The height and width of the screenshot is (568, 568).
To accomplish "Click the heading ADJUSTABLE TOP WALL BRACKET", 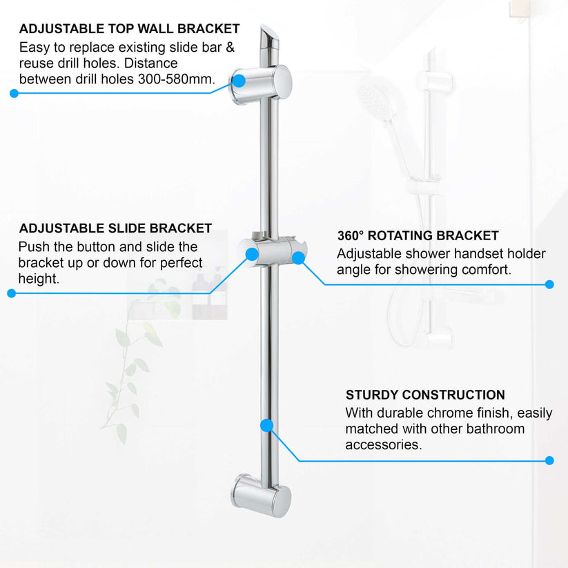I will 129,29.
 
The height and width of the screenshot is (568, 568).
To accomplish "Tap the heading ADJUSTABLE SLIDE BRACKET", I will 115,228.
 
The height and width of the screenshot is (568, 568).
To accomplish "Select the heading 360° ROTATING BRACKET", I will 418,236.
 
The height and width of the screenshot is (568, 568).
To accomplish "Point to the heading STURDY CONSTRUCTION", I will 425,395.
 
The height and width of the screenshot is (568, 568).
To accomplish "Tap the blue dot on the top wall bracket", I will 238,80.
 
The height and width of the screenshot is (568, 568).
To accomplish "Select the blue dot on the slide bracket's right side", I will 298,257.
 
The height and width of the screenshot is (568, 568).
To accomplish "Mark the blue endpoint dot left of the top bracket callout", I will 13,93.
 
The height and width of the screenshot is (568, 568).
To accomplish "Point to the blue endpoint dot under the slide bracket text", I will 11,293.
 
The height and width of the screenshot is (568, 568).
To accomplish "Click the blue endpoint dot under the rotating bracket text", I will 549,284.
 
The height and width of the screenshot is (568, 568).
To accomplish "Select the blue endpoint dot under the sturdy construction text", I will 549,460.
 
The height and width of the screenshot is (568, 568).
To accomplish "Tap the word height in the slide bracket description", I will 37,279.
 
